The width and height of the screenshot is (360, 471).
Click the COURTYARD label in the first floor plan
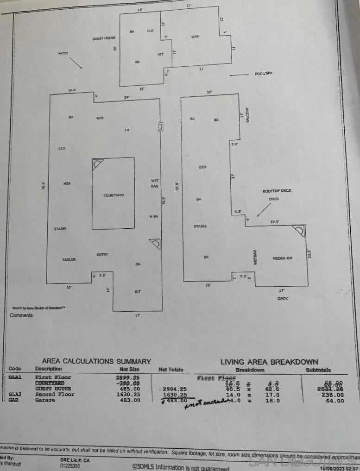click(114, 195)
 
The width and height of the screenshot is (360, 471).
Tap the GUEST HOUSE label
click(104, 38)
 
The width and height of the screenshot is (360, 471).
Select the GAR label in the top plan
click(195, 36)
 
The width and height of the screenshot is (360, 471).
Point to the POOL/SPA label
click(264, 73)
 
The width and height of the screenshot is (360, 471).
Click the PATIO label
click(63, 53)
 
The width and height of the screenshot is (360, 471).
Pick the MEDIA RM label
click(282, 258)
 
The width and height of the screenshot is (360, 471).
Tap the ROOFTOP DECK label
click(277, 190)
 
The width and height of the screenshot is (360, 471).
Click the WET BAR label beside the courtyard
click(155, 183)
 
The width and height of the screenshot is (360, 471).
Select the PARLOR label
click(69, 259)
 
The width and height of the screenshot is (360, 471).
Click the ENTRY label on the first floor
click(102, 254)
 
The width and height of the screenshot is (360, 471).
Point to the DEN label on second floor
click(202, 167)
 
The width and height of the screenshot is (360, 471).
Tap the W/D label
click(100, 118)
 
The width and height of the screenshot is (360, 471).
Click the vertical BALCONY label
click(248, 114)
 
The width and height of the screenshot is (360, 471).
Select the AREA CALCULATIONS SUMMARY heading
click(96, 361)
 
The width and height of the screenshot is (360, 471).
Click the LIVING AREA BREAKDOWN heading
click(269, 362)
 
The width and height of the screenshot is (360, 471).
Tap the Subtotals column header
click(318, 370)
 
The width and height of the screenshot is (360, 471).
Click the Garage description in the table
click(45, 400)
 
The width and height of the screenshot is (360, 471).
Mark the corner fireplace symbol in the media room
click(299, 231)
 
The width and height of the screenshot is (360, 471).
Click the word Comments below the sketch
click(22, 315)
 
